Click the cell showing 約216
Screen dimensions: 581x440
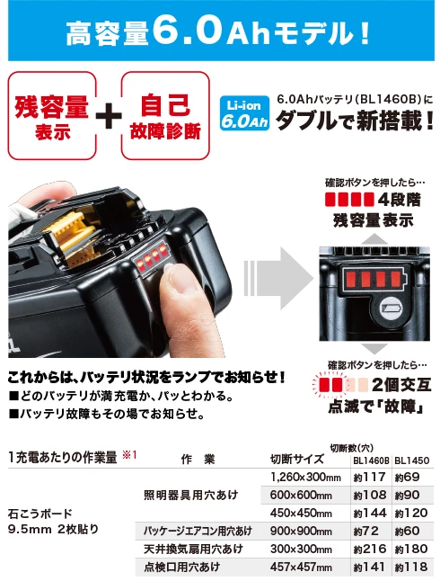coord(369,549)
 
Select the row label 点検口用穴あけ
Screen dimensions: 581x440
coord(182,567)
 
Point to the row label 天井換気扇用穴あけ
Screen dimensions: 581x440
coord(189,549)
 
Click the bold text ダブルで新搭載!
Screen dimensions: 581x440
coord(349,120)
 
